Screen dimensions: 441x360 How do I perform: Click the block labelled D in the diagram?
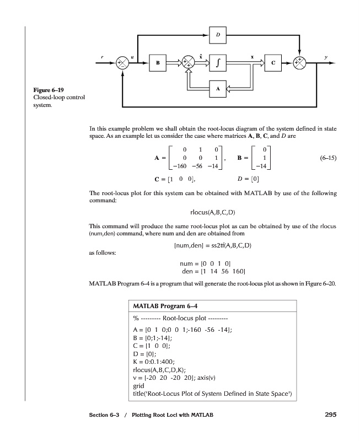coord(218,35)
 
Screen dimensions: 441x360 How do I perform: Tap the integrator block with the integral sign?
coord(218,63)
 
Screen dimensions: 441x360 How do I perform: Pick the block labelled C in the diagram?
coord(273,63)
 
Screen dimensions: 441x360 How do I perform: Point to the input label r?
coord(101,56)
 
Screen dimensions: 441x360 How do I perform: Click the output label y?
coord(325,56)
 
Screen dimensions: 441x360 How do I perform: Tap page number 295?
coord(326,415)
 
